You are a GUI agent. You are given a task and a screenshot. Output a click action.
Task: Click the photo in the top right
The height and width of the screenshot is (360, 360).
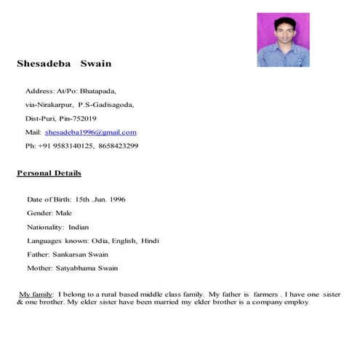tap(283, 40)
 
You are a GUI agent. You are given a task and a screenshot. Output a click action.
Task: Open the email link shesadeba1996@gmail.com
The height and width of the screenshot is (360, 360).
tap(90, 132)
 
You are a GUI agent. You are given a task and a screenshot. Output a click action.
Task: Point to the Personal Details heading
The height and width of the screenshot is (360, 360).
tap(49, 173)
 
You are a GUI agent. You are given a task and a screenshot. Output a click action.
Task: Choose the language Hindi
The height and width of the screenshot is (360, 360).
tap(150, 241)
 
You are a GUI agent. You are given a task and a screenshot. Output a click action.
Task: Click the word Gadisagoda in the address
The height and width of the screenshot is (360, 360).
tap(114, 105)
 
